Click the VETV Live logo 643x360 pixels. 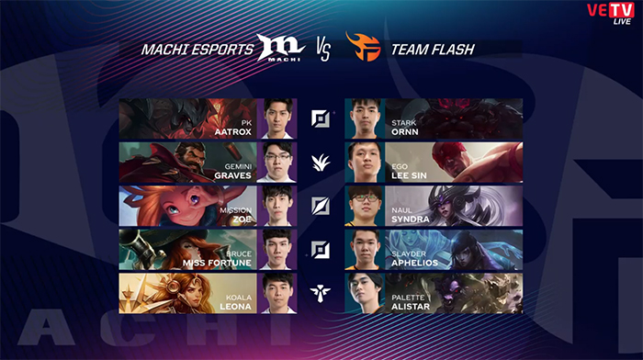[611, 13]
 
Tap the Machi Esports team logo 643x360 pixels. [281, 48]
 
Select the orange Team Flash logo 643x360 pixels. [364, 47]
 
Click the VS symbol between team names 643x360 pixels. [323, 50]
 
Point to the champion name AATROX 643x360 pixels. [233, 132]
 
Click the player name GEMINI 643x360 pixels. [238, 166]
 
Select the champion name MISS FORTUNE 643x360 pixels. [217, 263]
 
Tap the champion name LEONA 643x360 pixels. [235, 307]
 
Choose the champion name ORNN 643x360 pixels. [405, 132]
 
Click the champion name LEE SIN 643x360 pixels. [409, 175]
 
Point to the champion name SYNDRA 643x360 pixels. [410, 219]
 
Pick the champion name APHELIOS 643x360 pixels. [414, 263]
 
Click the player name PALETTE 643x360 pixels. [408, 298]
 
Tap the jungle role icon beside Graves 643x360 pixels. [321, 163]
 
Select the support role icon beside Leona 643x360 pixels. [321, 294]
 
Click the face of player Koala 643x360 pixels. [277, 291]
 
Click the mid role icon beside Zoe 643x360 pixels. [321, 207]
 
